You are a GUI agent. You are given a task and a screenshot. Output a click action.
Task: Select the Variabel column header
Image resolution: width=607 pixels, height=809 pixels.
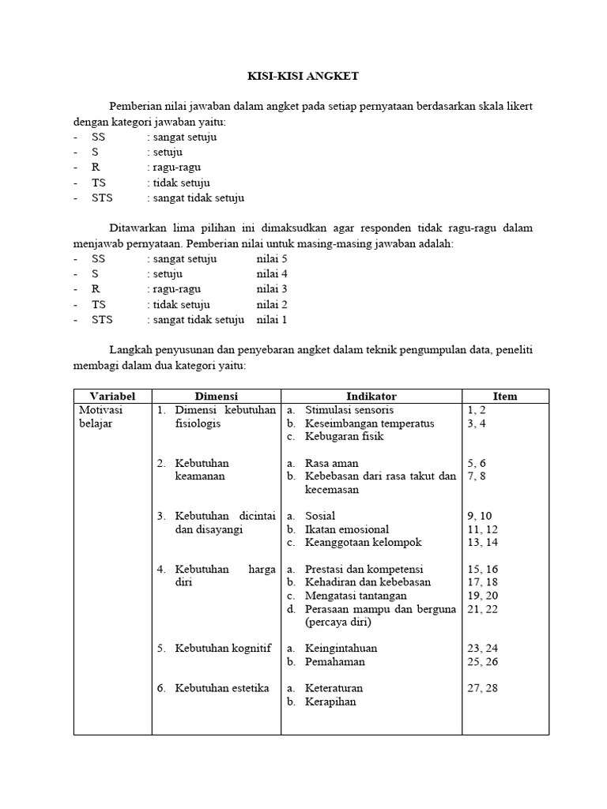point(112,396)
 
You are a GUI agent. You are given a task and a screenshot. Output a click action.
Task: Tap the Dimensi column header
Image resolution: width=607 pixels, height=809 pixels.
point(216,396)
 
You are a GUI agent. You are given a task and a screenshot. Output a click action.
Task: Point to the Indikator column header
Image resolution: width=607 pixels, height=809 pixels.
point(371,396)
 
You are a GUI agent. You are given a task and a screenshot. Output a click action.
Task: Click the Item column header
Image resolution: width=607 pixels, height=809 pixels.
point(504,396)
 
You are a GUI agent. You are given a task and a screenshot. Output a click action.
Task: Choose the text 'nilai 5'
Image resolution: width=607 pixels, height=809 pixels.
point(272,258)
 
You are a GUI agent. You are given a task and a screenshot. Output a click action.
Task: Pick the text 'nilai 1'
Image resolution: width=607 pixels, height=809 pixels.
point(272,320)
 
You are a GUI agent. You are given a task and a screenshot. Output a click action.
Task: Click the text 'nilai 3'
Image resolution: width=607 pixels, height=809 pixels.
point(272,289)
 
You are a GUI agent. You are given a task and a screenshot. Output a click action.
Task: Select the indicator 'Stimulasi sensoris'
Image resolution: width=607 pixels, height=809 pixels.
point(349,410)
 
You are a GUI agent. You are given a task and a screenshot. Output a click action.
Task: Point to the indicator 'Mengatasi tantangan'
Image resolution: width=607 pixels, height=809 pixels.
point(356,596)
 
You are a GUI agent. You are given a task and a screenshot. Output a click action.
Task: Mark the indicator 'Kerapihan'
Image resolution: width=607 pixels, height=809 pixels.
point(330,702)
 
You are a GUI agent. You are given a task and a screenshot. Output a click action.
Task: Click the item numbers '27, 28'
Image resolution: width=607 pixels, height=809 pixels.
point(483,688)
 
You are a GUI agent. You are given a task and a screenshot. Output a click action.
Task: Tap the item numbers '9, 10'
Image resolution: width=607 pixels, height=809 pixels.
point(480,516)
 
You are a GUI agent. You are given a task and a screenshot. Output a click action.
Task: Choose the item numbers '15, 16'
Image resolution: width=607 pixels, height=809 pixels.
point(483,569)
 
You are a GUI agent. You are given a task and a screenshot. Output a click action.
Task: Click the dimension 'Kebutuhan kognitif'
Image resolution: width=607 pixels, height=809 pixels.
point(223,649)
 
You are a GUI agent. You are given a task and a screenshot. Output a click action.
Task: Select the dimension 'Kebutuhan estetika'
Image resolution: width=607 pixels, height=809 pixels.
point(222,688)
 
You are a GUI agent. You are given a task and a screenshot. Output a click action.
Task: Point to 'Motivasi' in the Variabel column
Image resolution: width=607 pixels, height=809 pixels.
point(100,410)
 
